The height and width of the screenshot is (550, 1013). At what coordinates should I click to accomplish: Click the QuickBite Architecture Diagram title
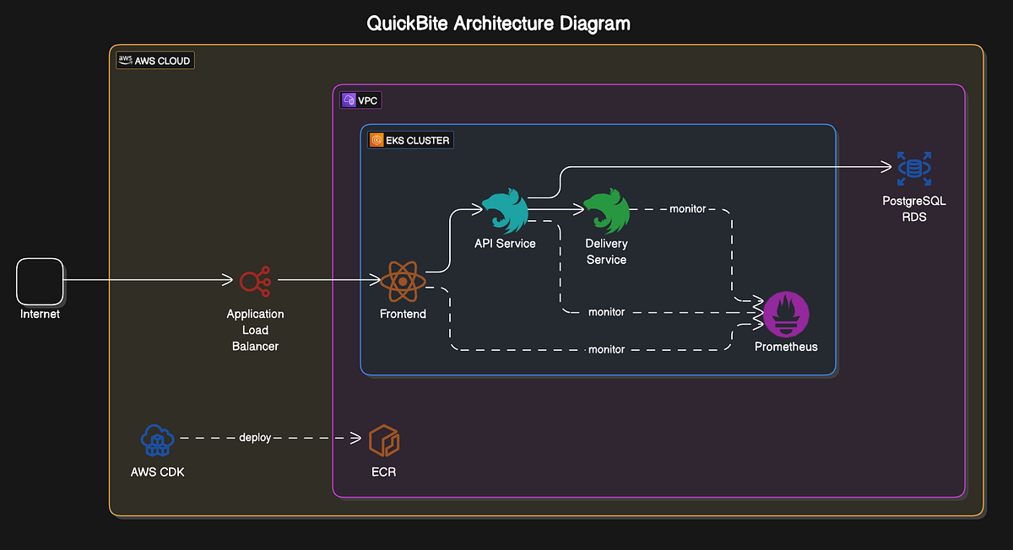[x=498, y=23]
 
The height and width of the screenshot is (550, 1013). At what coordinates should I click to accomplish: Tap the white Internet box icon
[x=40, y=281]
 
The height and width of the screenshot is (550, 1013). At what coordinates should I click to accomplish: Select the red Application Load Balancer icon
[x=255, y=280]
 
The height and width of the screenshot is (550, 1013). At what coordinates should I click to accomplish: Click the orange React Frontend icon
[x=403, y=281]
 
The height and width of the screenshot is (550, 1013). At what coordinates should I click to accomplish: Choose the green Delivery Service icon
[x=607, y=212]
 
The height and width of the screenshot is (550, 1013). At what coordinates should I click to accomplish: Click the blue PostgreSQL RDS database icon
[x=913, y=169]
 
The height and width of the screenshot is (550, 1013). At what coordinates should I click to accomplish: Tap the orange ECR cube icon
[x=384, y=440]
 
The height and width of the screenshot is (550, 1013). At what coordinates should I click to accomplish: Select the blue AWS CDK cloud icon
[x=157, y=439]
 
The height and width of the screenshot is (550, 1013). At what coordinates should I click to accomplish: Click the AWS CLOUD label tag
[x=154, y=61]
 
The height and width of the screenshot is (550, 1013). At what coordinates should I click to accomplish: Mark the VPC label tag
[x=360, y=100]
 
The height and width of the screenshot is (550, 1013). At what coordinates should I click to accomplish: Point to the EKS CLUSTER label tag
[x=410, y=140]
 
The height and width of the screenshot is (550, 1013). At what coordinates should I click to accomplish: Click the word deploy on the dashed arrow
[x=255, y=438]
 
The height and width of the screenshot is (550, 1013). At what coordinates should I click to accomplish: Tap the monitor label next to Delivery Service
[x=687, y=208]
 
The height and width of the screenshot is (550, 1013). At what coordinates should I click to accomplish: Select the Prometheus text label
[x=786, y=347]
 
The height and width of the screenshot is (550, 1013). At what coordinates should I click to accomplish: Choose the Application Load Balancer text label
[x=255, y=330]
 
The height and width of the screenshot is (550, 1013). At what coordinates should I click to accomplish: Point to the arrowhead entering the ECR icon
[x=356, y=438]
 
